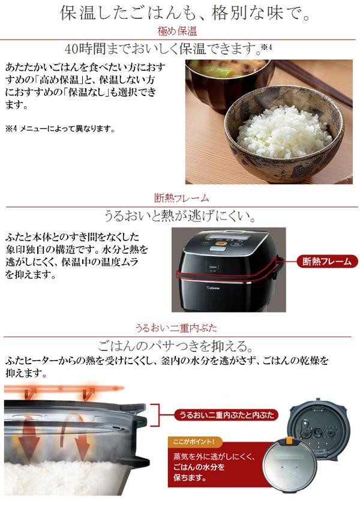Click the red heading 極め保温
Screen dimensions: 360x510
coord(177,31)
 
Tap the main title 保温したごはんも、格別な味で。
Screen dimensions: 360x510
coord(185,14)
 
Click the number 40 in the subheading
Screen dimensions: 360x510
coord(71,49)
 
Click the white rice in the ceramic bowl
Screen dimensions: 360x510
coord(284,133)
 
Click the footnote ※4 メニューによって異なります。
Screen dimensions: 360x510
coord(61,129)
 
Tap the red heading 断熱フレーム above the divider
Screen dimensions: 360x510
coord(181,198)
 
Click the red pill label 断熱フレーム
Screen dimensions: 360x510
coord(327,261)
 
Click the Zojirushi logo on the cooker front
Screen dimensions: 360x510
coord(212,287)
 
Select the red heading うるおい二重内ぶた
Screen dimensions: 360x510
coord(176,328)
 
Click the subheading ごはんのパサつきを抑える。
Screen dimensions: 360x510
coord(175,346)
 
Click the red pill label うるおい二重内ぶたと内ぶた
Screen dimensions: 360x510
coord(226,415)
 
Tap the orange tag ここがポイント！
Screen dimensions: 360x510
coord(194,442)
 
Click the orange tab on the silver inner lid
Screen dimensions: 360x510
coord(289,441)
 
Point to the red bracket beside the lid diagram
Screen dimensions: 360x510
coord(159,415)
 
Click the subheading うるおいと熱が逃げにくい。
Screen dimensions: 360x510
coord(180,215)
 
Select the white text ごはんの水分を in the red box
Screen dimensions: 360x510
coord(199,467)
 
